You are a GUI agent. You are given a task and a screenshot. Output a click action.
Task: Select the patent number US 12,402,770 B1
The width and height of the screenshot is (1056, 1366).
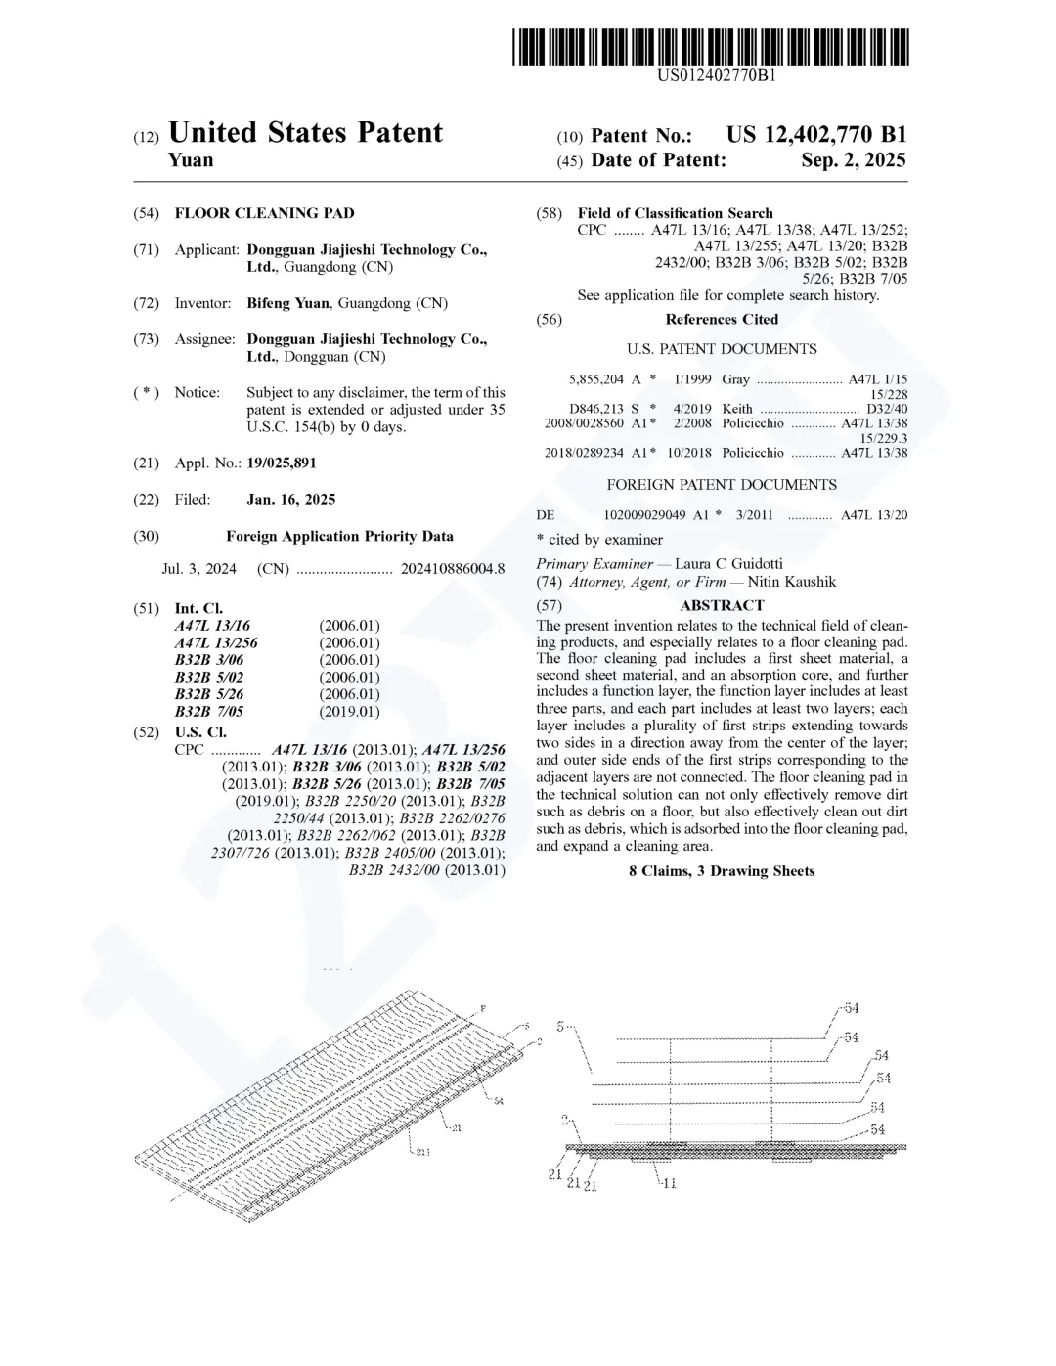[816, 135]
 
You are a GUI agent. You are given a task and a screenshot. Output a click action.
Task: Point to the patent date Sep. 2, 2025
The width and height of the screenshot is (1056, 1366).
[853, 160]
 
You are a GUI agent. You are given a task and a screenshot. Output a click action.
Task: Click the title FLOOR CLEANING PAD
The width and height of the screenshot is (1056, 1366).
[264, 213]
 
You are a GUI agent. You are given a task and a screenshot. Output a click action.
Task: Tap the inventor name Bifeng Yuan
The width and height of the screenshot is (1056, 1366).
[287, 303]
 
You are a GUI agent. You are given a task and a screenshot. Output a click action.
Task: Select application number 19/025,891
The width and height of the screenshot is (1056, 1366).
[282, 463]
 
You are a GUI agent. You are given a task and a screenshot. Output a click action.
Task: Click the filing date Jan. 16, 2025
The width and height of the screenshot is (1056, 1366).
[290, 500]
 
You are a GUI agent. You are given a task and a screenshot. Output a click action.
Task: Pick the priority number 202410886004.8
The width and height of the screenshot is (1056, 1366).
[453, 569]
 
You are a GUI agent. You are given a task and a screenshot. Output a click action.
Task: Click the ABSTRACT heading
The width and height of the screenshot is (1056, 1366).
[722, 605]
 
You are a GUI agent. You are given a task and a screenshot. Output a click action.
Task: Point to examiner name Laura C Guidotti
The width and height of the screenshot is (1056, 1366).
[728, 564]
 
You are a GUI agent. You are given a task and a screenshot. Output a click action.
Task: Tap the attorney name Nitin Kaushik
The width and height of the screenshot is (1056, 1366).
[792, 582]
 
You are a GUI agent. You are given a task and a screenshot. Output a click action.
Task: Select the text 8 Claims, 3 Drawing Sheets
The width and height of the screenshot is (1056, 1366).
[722, 871]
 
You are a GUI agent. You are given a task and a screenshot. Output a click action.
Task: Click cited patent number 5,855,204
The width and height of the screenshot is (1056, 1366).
[595, 379]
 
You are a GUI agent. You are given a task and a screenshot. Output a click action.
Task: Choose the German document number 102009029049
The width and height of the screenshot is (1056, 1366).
[644, 515]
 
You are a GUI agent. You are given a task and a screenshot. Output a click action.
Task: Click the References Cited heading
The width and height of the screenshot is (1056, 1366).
[722, 320]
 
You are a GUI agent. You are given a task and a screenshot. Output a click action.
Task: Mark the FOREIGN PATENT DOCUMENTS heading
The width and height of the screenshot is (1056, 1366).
[722, 485]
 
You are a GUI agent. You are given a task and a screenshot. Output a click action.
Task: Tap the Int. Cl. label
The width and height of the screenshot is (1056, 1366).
[198, 608]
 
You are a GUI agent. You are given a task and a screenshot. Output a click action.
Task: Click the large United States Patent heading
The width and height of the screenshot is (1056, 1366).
[305, 133]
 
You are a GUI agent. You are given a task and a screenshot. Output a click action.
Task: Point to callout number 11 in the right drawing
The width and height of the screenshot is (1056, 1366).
[669, 1183]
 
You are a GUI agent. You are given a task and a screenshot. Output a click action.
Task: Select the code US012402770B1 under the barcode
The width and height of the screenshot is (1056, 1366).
[717, 74]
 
